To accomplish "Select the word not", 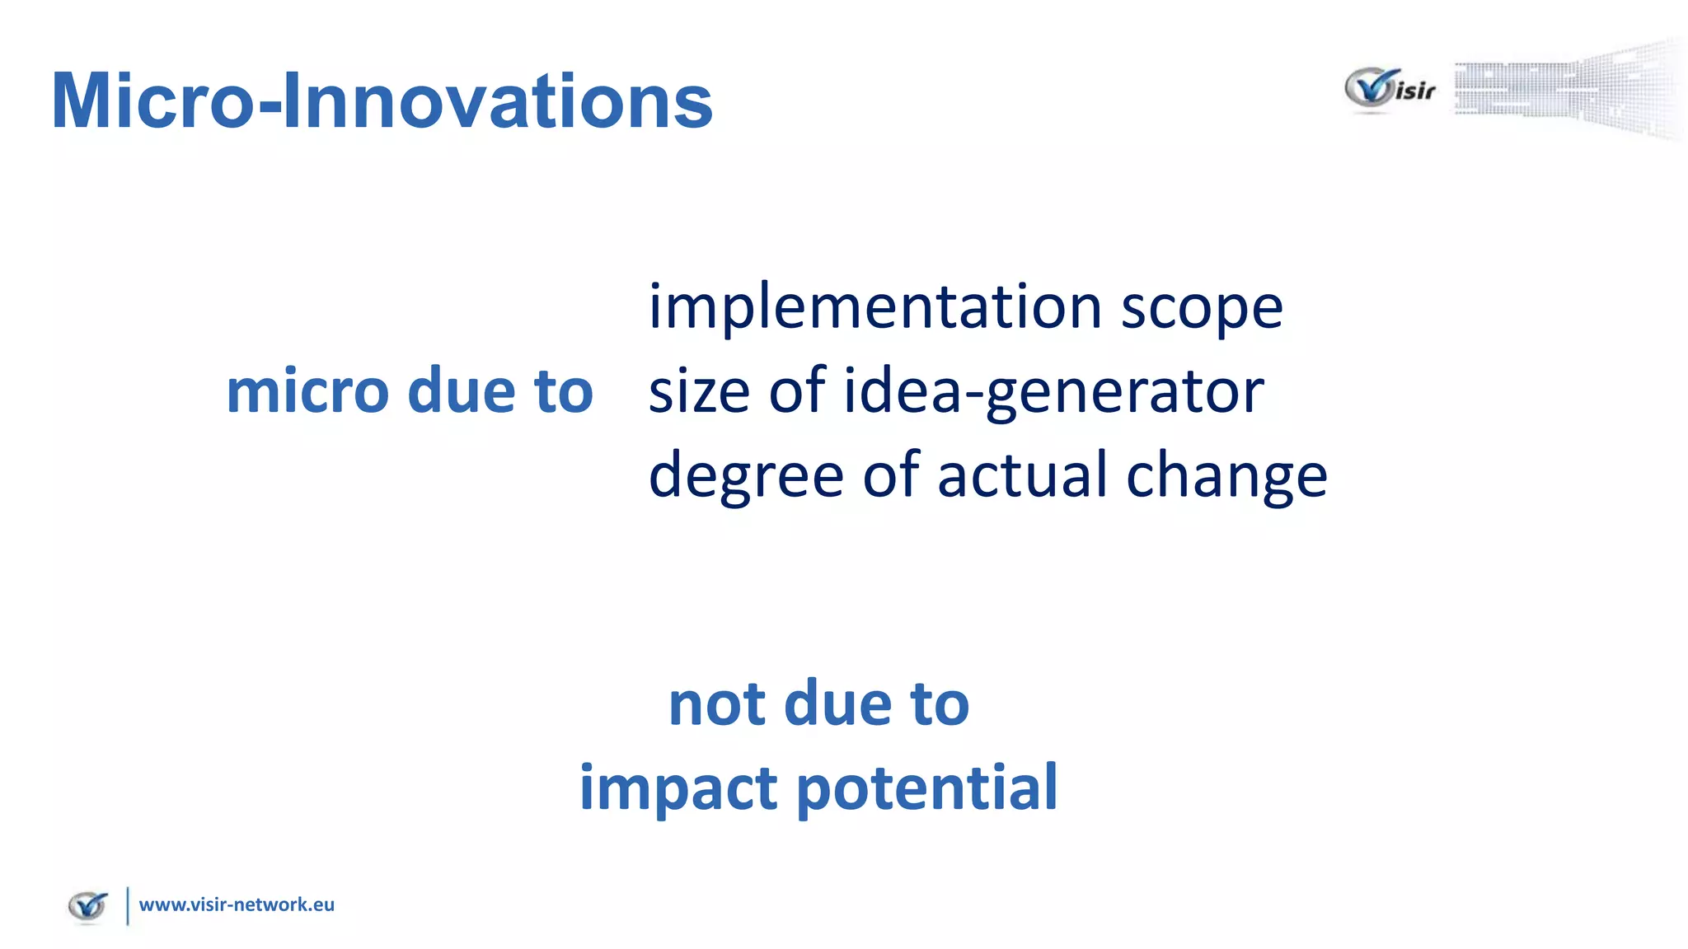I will click(716, 705).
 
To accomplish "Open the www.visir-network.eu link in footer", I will click(237, 905).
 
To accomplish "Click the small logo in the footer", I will click(88, 906).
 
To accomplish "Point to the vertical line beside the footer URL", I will click(128, 905).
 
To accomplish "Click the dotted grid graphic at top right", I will click(1566, 89).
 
